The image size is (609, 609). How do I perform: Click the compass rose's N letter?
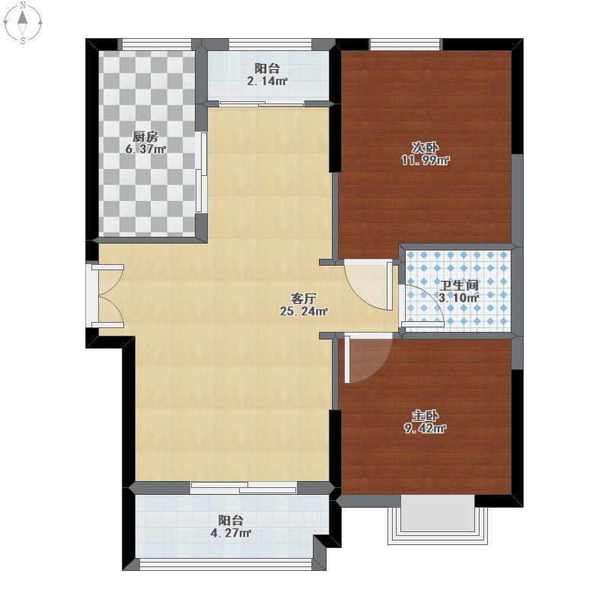[24, 5]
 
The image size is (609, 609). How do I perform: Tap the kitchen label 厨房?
[145, 137]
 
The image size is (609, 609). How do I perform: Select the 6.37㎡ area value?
[145, 148]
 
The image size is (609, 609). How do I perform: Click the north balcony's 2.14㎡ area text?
[267, 81]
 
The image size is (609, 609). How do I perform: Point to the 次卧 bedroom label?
[425, 148]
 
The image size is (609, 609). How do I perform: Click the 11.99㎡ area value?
[426, 160]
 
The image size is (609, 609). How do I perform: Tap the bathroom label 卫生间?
[459, 285]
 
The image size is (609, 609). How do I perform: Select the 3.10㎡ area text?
[459, 298]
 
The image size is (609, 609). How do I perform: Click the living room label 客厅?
[304, 298]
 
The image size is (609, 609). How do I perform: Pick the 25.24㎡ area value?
[304, 311]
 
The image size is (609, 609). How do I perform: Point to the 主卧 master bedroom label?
[425, 416]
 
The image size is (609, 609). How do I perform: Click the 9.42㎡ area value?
[425, 429]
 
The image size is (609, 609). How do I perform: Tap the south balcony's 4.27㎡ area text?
[231, 532]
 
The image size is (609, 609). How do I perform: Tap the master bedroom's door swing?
[367, 359]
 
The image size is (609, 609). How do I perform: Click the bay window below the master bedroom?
[438, 520]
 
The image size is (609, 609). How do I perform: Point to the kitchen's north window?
[157, 44]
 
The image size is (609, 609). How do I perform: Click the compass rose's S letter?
[24, 40]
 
